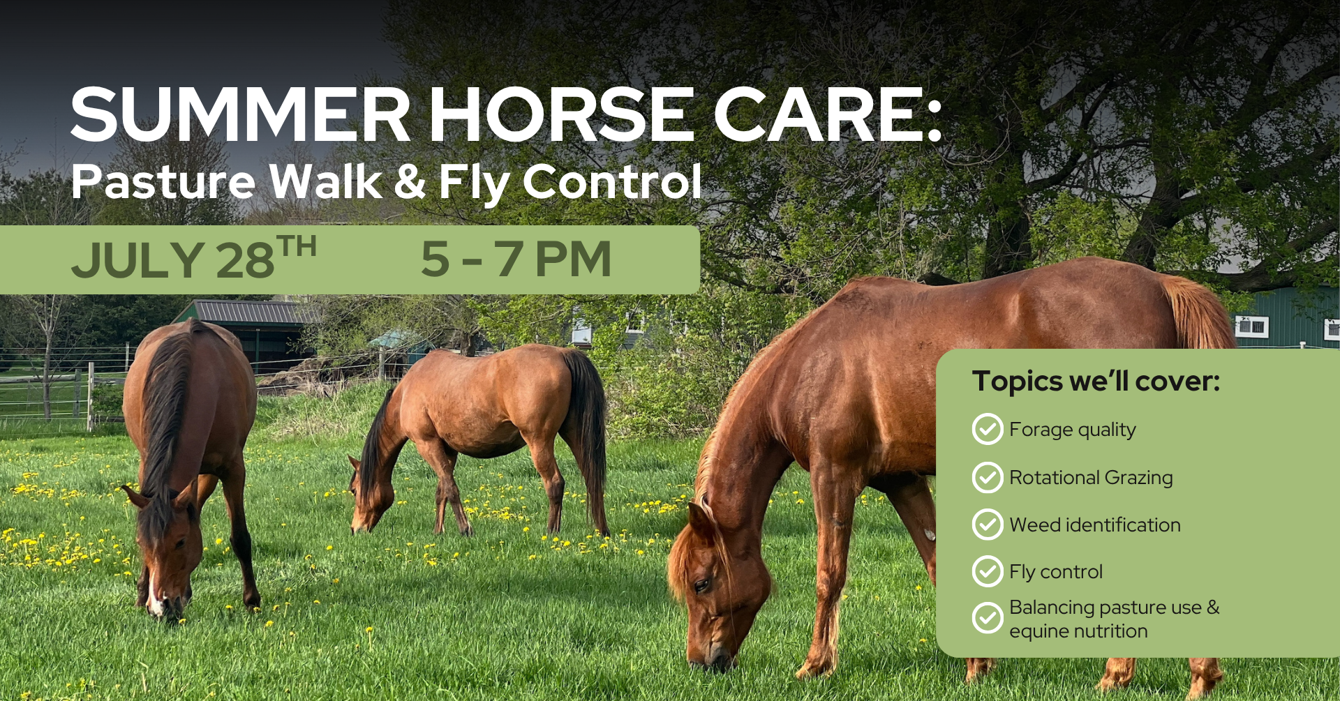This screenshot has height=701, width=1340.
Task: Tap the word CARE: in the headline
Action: click(x=828, y=115)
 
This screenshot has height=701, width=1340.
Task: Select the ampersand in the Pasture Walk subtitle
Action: click(x=410, y=181)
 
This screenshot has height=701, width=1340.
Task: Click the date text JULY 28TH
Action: click(x=194, y=258)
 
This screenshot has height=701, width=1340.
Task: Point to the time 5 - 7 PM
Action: click(x=516, y=259)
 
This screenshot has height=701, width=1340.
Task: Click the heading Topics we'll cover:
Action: click(x=1096, y=381)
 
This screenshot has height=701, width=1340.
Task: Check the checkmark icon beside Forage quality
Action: click(x=988, y=430)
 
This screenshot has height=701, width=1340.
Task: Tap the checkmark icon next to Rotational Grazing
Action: click(x=988, y=478)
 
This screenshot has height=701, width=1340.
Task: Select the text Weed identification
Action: click(x=1095, y=525)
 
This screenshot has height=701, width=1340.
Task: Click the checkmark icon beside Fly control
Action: click(x=988, y=571)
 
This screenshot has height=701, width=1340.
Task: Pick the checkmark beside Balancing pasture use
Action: click(x=988, y=618)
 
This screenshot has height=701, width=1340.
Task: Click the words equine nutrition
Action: click(x=1078, y=631)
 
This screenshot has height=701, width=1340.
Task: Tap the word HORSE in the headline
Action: click(x=561, y=115)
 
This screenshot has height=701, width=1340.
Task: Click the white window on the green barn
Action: click(x=1251, y=326)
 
